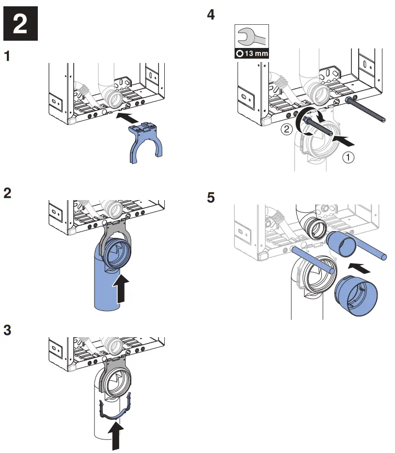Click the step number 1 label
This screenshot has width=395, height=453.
click(7, 57)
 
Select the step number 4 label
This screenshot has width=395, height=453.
click(210, 15)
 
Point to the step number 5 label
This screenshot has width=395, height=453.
click(210, 198)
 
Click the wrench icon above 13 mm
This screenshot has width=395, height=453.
click(251, 36)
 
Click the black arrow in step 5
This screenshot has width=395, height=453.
click(363, 267)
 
